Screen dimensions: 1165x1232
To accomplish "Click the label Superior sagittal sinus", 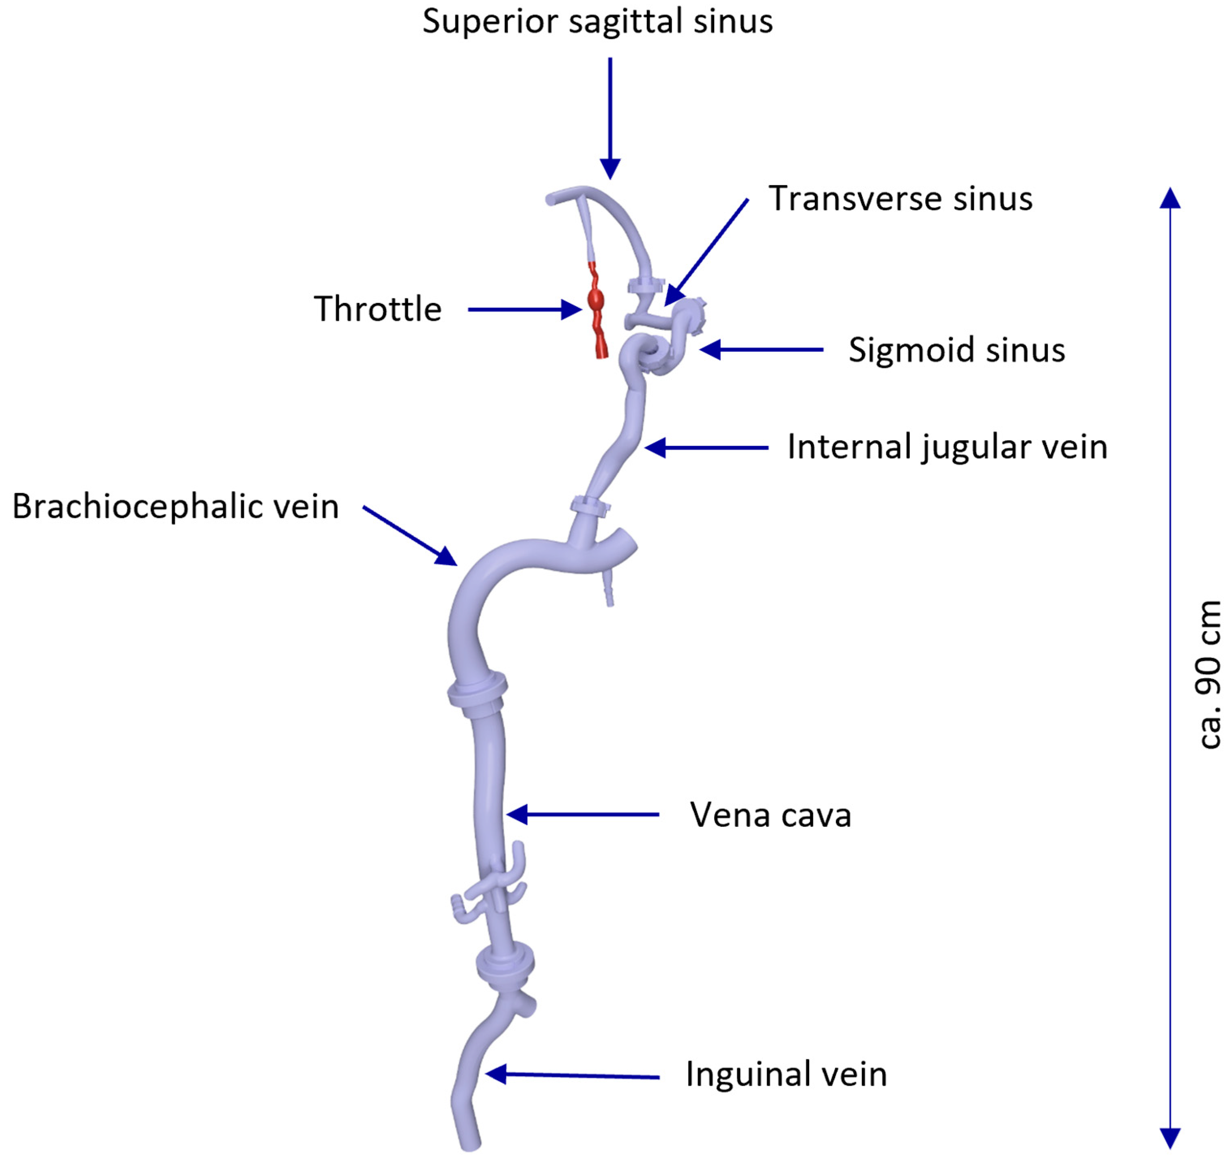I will point(597,22).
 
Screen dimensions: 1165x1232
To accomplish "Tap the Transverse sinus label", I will point(900,199).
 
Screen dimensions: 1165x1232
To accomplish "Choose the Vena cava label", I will point(770,815).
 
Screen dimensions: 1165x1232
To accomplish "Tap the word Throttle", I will point(377,309).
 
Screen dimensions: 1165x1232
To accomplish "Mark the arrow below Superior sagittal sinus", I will point(610,118).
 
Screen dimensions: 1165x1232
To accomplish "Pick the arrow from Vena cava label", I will point(584,814).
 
